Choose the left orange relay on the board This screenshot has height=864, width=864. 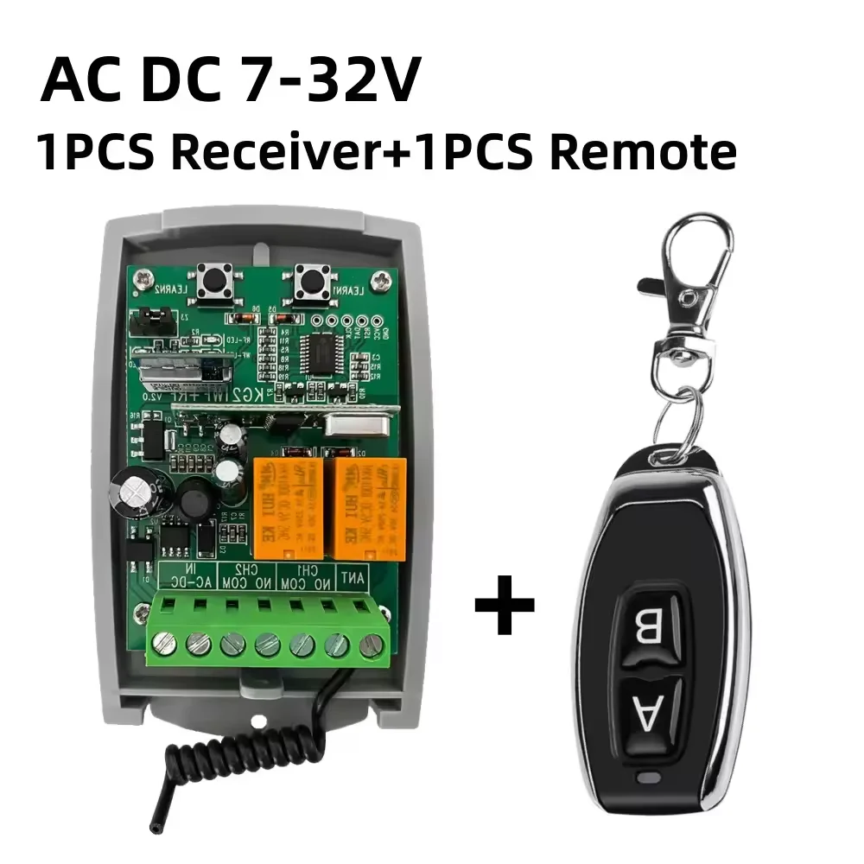pyautogui.click(x=288, y=508)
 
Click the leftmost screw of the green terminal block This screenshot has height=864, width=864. pyautogui.click(x=163, y=643)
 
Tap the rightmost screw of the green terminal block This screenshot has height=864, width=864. pyautogui.click(x=372, y=644)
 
